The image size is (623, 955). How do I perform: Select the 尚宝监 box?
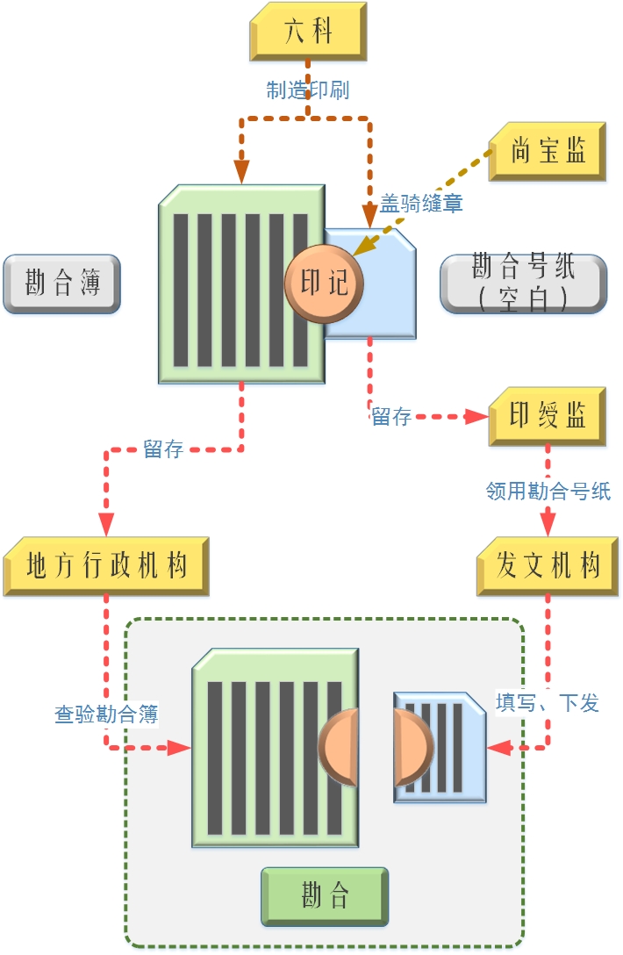coord(548,151)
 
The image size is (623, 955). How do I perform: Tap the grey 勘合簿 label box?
coord(61,284)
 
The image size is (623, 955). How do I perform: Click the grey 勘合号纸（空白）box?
coord(523,283)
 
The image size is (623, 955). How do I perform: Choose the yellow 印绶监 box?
coord(548,415)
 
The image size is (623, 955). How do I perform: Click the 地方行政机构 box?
coord(106,566)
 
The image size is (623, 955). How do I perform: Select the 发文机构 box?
coord(548,566)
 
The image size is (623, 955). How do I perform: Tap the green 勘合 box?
coord(325,896)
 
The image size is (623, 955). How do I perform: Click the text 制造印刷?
coord(308,90)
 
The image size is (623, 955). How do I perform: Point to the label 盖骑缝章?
coord(421,204)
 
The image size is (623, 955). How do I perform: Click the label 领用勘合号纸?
coord(548,491)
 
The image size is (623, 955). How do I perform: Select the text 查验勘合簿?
coord(106,714)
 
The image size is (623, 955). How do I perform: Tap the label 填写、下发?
coord(548,703)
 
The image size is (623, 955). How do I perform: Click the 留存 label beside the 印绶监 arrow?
coord(391,417)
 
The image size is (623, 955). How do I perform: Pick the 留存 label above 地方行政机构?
coord(163,449)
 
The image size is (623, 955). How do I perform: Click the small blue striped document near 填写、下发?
coord(440,746)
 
